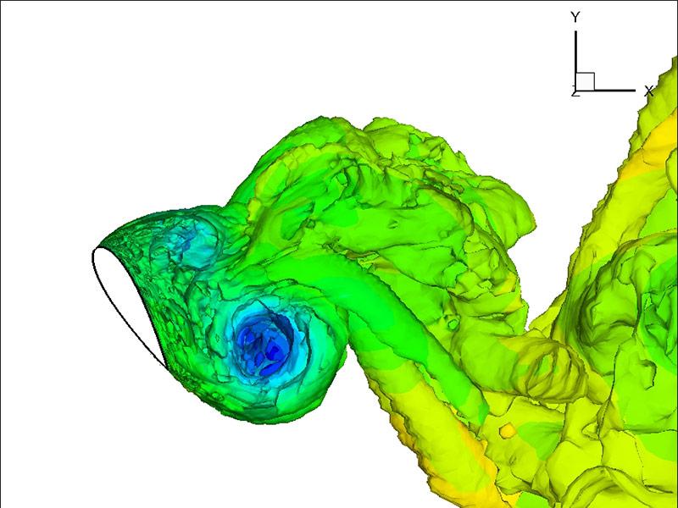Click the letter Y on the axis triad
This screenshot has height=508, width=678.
575,17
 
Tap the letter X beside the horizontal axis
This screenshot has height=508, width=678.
648,90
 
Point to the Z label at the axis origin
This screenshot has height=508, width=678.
575,91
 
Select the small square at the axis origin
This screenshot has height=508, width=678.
585,81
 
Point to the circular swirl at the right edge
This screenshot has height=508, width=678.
644,296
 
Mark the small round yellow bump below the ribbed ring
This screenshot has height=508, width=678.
508,433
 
